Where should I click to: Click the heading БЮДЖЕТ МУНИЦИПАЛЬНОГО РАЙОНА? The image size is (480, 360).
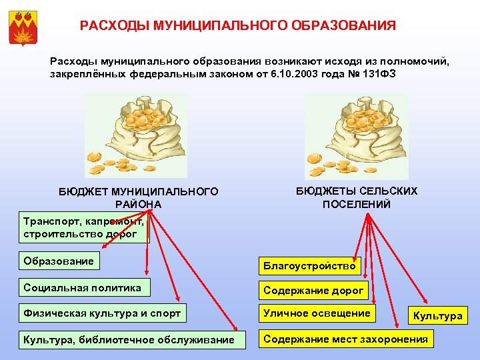click(138, 197)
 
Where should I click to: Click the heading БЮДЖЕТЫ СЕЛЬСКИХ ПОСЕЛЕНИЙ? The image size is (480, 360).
click(357, 197)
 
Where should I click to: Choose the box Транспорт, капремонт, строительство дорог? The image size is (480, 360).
click(83, 227)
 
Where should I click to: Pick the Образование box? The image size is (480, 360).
click(59, 260)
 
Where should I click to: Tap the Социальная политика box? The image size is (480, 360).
click(83, 288)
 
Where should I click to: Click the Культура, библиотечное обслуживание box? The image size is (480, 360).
click(129, 339)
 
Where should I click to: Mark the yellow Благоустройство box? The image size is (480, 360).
click(309, 266)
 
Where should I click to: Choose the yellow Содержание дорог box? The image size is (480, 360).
click(313, 290)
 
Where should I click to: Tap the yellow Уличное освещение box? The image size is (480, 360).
click(317, 313)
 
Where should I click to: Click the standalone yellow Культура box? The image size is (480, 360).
click(438, 315)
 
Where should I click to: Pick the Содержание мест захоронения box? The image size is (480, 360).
click(345, 339)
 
